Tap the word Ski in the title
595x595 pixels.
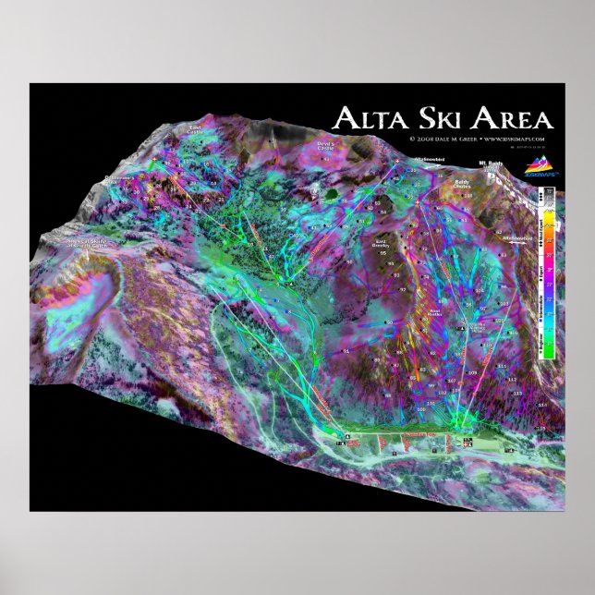439,118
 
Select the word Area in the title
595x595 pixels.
511,118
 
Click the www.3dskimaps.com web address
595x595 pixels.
518,139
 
